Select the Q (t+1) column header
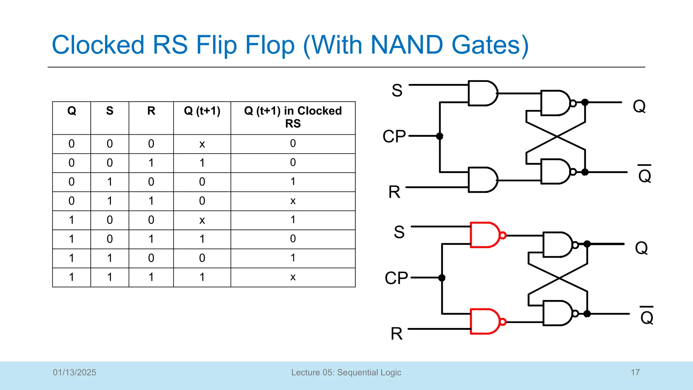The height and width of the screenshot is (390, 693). coord(202,111)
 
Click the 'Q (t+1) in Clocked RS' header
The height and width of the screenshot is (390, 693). coord(293,117)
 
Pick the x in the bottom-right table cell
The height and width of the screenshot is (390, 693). coord(293,277)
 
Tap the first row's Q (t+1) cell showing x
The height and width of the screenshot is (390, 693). coord(202,144)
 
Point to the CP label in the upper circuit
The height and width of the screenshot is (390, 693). coord(394,136)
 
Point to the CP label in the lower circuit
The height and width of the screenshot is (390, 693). coord(396,278)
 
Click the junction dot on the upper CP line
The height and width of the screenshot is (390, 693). coord(440,136)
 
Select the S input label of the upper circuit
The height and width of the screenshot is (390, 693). coord(397,91)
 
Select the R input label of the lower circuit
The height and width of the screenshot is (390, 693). coord(397,334)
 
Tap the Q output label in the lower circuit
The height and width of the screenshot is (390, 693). coord(641,248)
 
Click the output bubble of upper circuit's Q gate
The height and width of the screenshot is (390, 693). coord(573,103)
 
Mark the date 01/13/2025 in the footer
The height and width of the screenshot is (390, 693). coord(74,372)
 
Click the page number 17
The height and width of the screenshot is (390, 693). coord(635,372)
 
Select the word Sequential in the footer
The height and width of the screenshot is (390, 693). coord(359,372)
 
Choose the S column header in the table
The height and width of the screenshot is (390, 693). coord(110,111)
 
